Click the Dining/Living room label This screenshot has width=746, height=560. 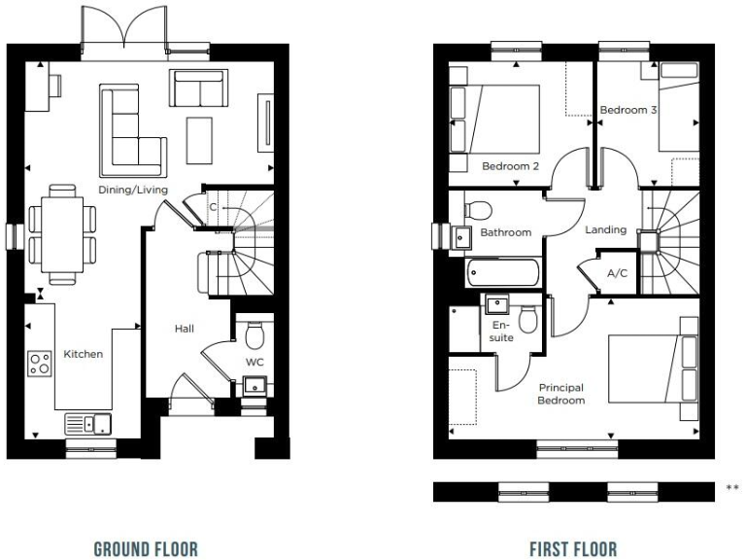coord(132,190)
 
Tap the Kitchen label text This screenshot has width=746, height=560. coord(83,354)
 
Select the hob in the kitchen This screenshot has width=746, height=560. coord(41,364)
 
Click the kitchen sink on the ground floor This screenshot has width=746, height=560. coord(88,423)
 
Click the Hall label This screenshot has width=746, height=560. coord(185,330)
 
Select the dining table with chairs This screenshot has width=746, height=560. coord(62,235)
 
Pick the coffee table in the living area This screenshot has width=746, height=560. coord(200,140)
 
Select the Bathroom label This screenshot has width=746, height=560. coord(505,232)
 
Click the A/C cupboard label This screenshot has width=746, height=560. coord(617,273)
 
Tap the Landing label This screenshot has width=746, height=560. coord(604,230)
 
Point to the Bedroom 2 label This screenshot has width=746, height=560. coord(510,166)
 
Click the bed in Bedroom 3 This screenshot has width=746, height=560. coord(678,107)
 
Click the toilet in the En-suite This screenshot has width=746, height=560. coord(528,319)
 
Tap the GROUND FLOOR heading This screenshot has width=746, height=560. coord(146,549)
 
